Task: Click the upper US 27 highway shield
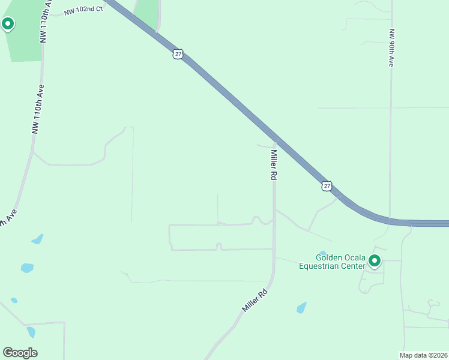point(177,54)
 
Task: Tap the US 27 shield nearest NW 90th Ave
point(326,186)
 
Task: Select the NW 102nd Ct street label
point(83,10)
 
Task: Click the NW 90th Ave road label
point(391,47)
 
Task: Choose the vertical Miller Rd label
point(273,164)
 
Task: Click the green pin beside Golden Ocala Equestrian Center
point(375,260)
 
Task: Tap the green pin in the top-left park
point(8,24)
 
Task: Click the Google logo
point(20,353)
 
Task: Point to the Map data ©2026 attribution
point(424,355)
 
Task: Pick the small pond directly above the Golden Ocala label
point(322,253)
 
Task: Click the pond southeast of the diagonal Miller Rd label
point(301,308)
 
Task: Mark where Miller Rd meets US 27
point(276,143)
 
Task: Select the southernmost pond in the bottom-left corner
point(31,332)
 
